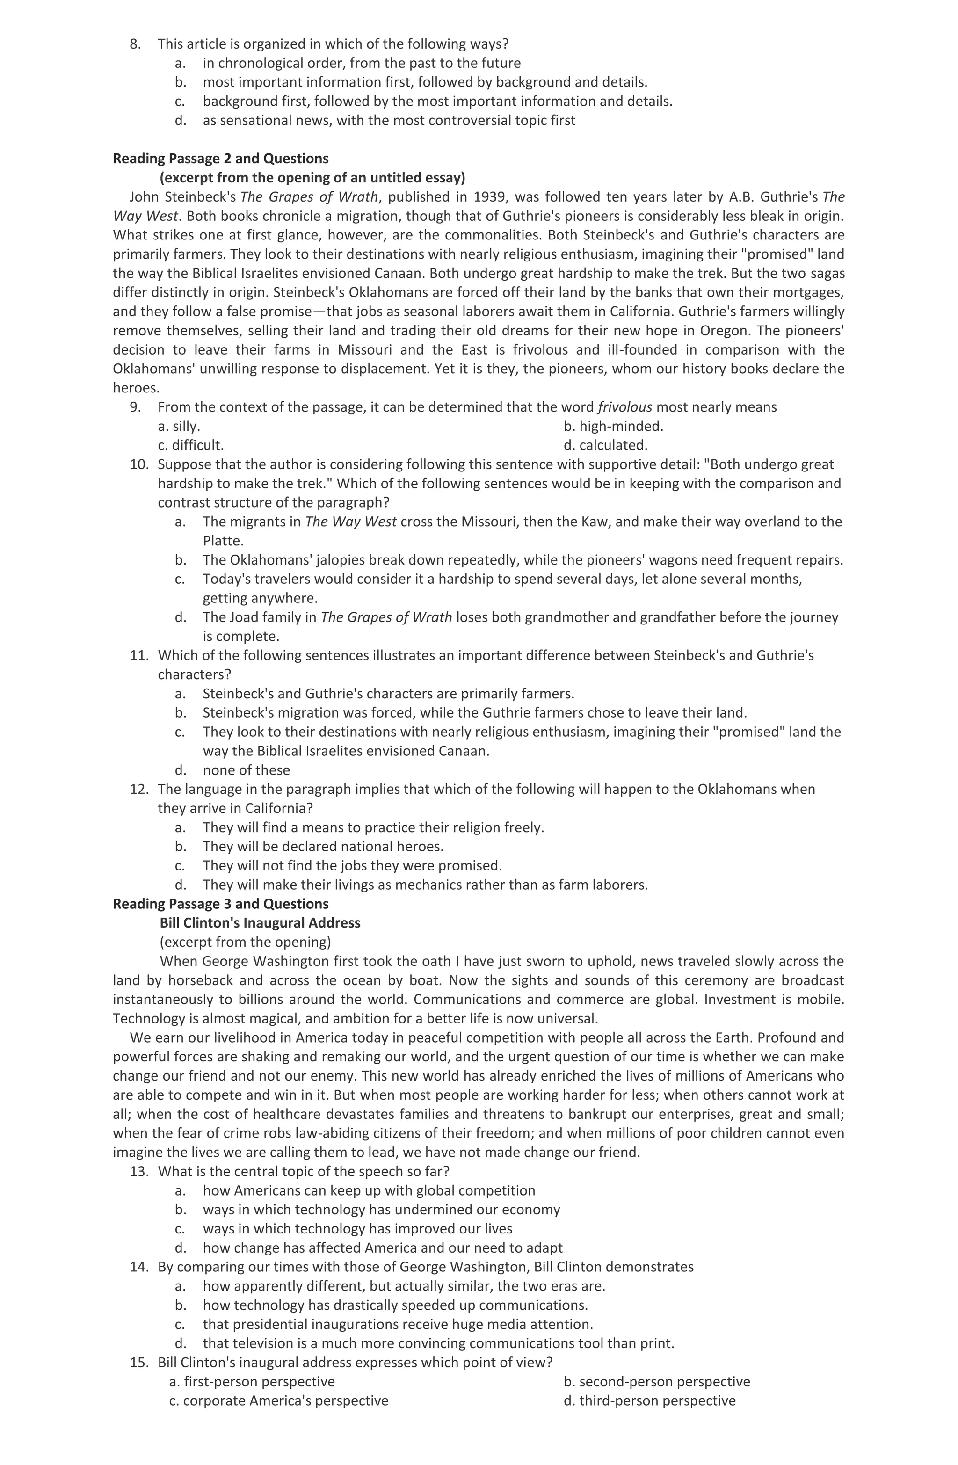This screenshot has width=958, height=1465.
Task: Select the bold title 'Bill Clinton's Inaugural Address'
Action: [260, 923]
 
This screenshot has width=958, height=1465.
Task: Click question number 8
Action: [135, 44]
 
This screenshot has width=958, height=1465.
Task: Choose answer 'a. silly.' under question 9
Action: [179, 426]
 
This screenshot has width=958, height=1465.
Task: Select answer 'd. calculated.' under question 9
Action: [605, 445]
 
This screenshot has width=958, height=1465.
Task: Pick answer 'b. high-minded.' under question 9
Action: [613, 426]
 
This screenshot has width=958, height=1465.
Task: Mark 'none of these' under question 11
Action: [246, 770]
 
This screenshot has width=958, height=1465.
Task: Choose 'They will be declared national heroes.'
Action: [323, 846]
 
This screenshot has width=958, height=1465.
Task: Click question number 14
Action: [138, 1267]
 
